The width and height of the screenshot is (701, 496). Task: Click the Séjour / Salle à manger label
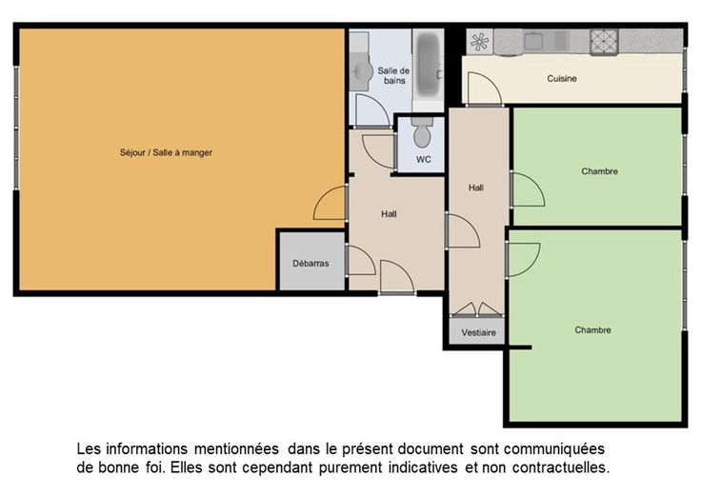(166, 153)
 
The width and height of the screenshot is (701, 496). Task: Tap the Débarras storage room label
(310, 264)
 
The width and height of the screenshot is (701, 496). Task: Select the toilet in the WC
(422, 132)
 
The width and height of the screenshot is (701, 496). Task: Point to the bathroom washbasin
(361, 70)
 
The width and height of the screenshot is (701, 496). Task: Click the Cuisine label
(562, 79)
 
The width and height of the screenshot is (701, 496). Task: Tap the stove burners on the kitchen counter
(604, 42)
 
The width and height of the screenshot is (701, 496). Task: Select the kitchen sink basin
(533, 41)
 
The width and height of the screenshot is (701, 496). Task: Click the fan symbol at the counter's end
(479, 42)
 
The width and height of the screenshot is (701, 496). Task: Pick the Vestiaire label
(478, 333)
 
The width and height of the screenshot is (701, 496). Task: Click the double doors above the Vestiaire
(477, 309)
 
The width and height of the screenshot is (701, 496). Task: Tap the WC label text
(424, 160)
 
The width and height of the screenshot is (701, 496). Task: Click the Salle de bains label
(393, 75)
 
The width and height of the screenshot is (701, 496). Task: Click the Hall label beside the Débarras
(389, 214)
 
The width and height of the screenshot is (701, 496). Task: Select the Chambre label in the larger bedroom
(592, 330)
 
